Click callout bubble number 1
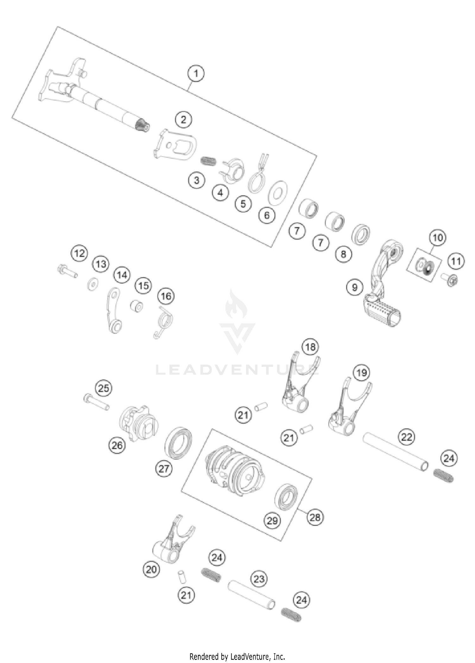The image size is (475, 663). point(196,73)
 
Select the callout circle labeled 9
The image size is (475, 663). point(354,287)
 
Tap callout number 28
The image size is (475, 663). point(315,517)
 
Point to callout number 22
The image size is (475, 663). point(407,437)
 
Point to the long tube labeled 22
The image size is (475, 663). point(396,453)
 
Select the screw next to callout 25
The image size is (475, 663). point(96,402)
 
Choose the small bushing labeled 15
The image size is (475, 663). point(136,306)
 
